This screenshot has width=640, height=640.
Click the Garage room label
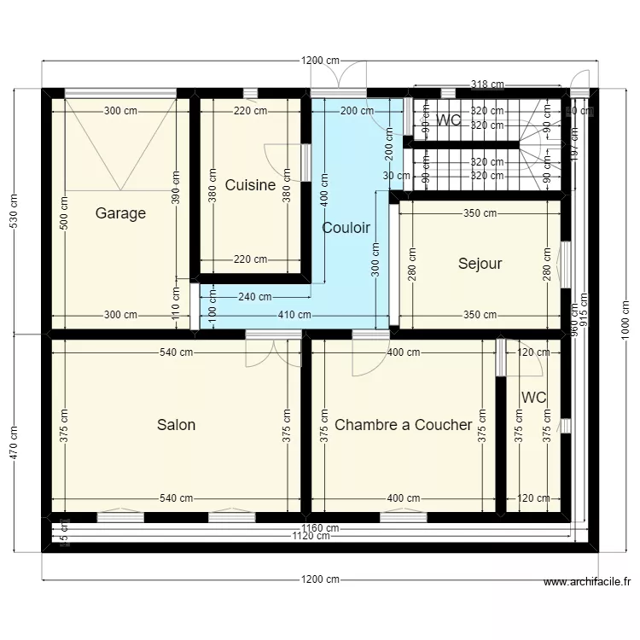coord(120,213)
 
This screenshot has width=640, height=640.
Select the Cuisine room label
coord(250,185)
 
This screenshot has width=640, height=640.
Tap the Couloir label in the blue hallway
coord(346,228)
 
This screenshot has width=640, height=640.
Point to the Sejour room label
coord(480,264)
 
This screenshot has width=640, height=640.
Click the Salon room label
coord(176,425)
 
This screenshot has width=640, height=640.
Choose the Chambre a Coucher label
coord(403,425)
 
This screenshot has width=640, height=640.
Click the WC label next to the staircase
coord(449,121)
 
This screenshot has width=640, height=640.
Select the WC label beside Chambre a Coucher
coord(534,398)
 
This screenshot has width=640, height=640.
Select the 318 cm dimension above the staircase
coord(487,84)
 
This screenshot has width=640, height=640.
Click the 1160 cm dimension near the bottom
coord(320,528)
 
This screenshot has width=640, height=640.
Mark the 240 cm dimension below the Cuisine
coord(254,297)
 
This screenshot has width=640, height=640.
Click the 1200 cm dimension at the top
coord(320,61)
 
